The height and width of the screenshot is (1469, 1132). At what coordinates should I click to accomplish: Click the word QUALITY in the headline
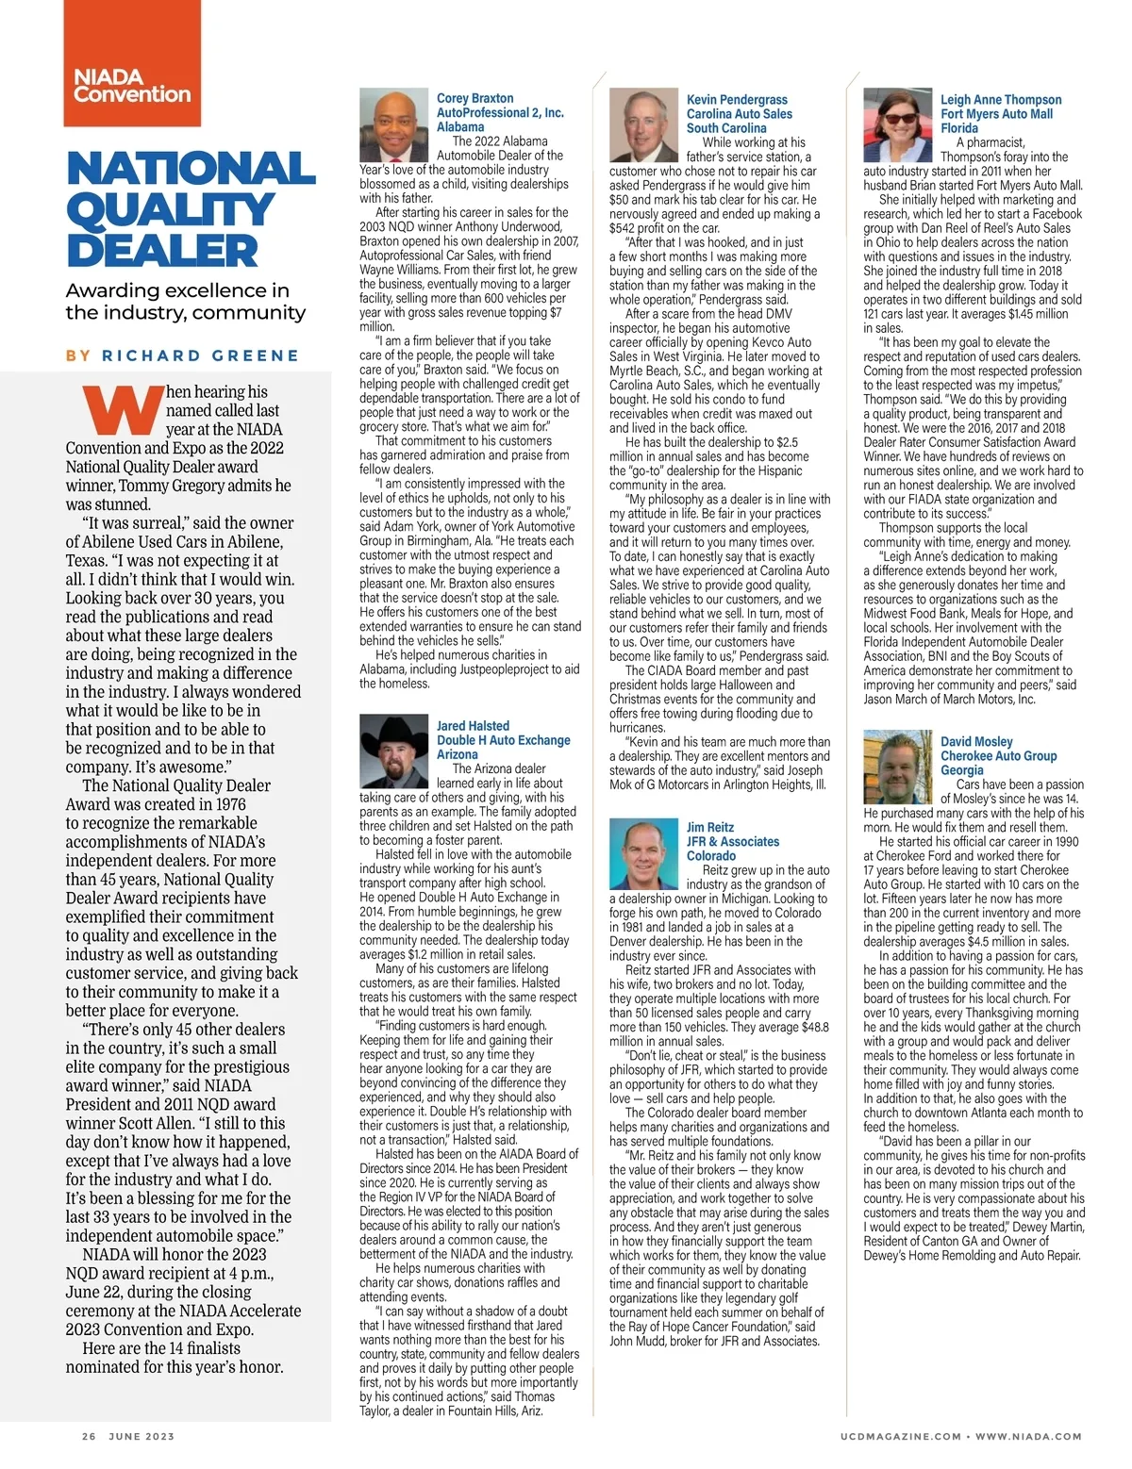(171, 210)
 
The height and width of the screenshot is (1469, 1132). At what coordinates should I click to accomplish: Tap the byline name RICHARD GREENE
(200, 355)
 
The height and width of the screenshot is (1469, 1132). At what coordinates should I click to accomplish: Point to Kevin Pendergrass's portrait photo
(644, 126)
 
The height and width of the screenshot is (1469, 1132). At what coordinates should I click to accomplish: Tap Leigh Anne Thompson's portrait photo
(898, 126)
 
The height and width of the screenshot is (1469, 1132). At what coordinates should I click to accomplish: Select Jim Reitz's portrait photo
(644, 851)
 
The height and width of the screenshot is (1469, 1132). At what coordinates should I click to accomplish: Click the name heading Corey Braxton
(475, 98)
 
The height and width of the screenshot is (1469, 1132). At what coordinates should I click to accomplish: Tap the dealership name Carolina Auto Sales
(739, 114)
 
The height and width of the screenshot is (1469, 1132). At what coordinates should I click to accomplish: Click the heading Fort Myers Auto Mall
(996, 114)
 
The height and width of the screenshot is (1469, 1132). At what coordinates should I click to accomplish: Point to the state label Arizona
(458, 754)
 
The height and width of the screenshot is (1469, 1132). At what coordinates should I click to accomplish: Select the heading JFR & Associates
(733, 841)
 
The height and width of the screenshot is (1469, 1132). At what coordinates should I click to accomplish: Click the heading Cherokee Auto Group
(998, 756)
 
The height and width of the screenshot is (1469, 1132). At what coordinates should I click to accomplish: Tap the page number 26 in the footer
(89, 1437)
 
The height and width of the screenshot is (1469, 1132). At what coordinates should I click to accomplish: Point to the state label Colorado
(711, 855)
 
